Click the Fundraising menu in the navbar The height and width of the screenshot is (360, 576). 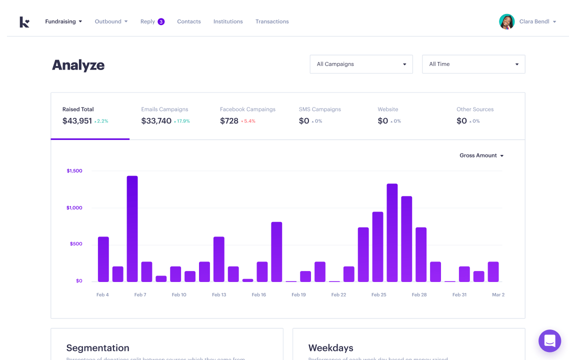click(x=63, y=21)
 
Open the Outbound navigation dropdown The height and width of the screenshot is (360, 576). click(x=111, y=21)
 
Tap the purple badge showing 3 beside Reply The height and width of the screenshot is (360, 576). click(x=161, y=21)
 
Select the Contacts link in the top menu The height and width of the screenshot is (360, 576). click(x=189, y=21)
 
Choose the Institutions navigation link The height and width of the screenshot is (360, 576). click(x=228, y=21)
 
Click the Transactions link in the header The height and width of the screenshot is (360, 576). click(x=272, y=21)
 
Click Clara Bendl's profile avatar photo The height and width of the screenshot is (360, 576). click(x=506, y=21)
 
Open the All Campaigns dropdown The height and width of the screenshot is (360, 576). click(x=361, y=64)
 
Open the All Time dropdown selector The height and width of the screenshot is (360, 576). click(x=473, y=64)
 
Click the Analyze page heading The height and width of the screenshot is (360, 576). click(x=78, y=65)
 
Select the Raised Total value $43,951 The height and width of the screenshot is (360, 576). click(x=77, y=121)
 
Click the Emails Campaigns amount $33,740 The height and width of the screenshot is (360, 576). click(x=156, y=121)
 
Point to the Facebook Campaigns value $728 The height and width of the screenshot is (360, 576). click(x=229, y=121)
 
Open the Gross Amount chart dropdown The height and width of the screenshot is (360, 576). click(x=481, y=155)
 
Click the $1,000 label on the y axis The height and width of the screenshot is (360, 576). click(x=74, y=207)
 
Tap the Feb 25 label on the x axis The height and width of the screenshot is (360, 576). click(x=378, y=294)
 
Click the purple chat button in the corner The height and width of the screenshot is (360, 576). click(x=549, y=341)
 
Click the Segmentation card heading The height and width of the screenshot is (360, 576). click(x=97, y=348)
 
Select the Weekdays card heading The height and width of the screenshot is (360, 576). click(x=330, y=348)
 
